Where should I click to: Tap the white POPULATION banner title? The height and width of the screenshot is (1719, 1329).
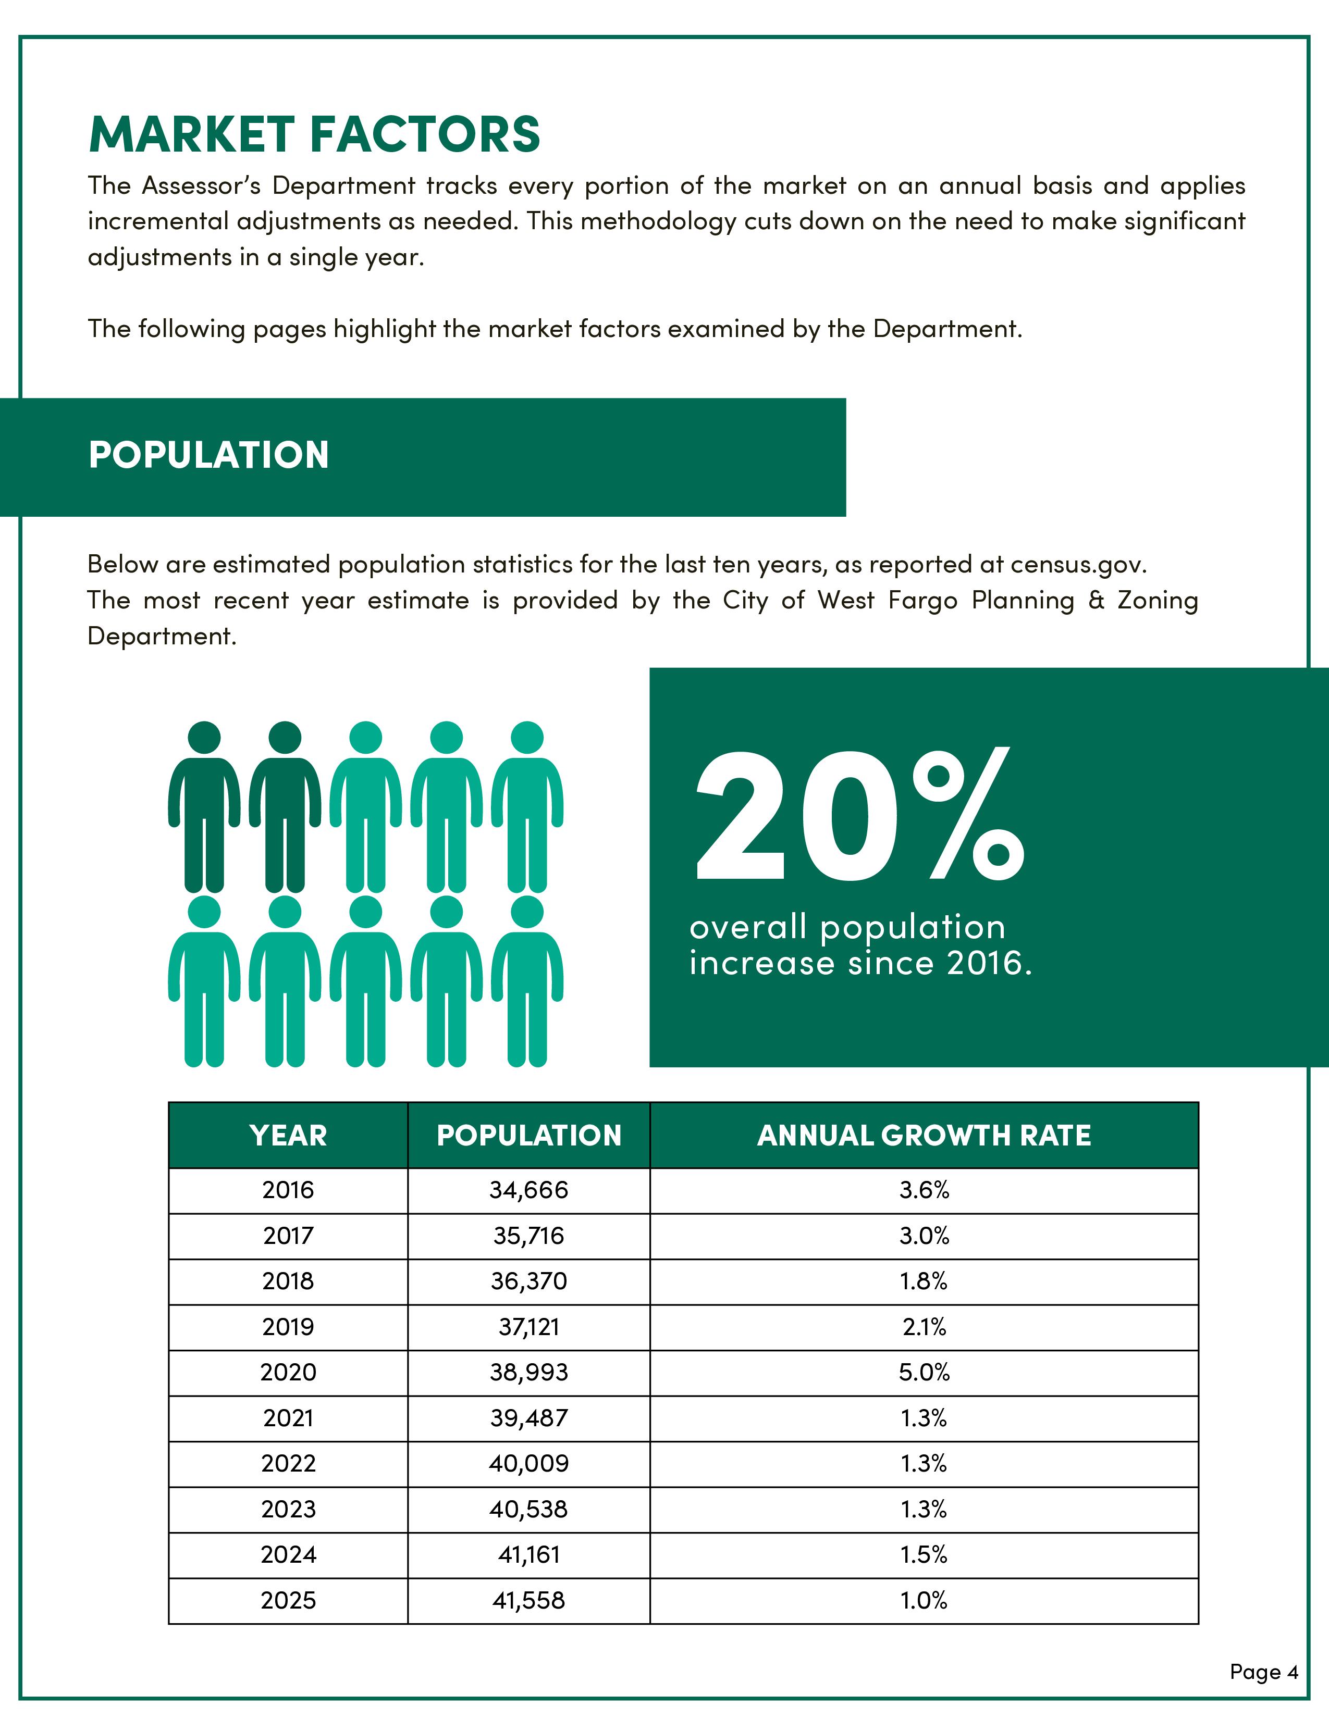pos(208,455)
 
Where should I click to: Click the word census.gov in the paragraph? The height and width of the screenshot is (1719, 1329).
pos(1077,564)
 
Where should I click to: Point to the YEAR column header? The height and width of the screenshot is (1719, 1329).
pos(288,1135)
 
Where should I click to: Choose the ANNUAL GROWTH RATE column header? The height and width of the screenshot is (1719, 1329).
pos(924,1135)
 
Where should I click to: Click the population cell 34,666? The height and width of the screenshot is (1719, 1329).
pos(528,1189)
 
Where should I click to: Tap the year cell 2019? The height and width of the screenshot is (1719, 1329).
pos(288,1326)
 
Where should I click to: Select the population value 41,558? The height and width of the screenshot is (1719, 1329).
pos(528,1600)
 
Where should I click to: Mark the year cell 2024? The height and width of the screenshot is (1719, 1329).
pos(288,1554)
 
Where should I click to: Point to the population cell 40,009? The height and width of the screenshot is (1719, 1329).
pos(528,1463)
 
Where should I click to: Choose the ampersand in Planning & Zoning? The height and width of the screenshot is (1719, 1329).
pos(1097,601)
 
